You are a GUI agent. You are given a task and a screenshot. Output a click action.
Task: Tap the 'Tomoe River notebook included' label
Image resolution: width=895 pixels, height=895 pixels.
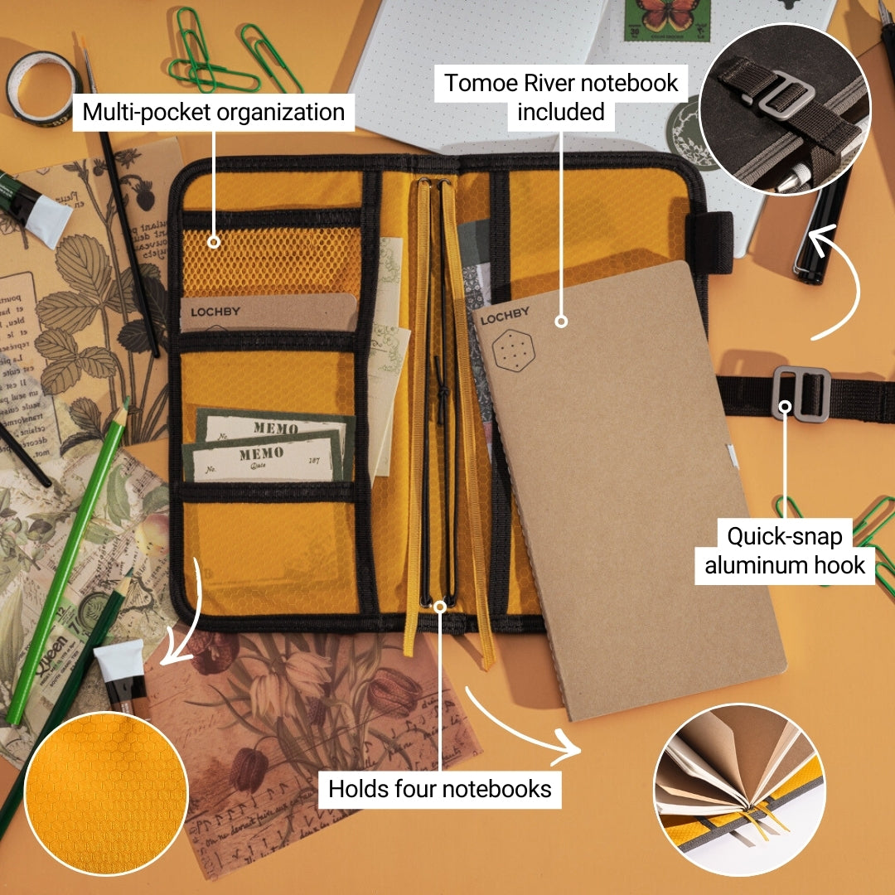(561, 96)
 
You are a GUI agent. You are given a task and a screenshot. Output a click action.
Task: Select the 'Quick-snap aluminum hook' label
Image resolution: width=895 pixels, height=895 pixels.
(785, 551)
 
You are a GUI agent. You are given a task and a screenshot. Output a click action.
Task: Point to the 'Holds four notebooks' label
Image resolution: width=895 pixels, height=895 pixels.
(440, 788)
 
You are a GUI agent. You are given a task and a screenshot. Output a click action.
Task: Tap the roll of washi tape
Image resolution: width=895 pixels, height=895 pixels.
(43, 88)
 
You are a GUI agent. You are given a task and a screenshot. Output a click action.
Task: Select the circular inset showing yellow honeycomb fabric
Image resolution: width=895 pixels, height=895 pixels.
(106, 793)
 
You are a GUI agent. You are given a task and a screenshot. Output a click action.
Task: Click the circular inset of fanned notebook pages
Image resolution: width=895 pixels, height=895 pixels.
(739, 790)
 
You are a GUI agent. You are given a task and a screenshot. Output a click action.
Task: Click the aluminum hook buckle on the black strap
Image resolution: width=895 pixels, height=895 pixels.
(801, 391)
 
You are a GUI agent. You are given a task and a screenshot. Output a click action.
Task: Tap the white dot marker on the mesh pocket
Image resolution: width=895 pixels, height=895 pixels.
(214, 243)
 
